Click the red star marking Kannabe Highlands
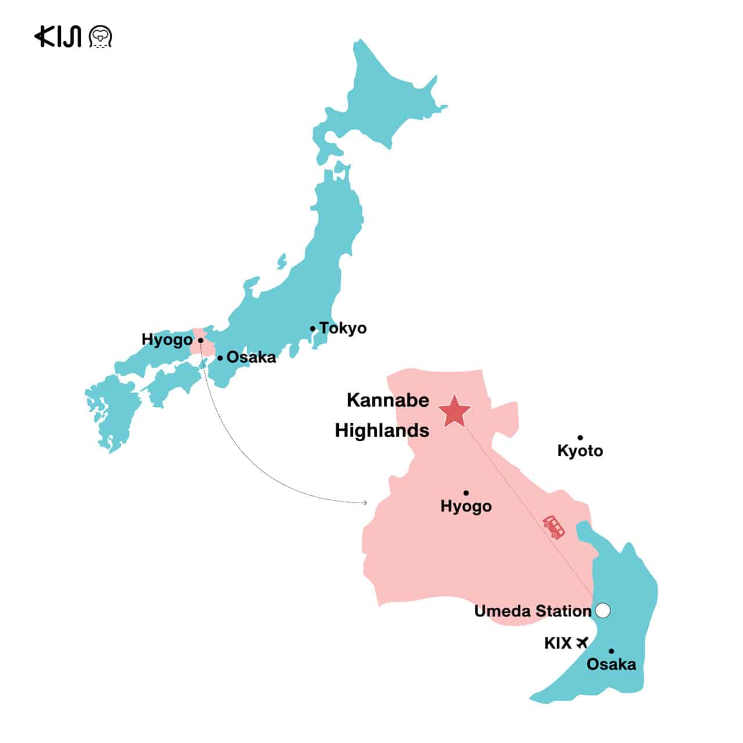point(455,412)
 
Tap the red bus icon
point(554,526)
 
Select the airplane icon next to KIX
point(582,643)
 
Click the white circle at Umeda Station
point(603,610)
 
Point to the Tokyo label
point(343,328)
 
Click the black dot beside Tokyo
point(313,329)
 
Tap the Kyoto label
point(580,450)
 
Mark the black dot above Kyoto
point(580,438)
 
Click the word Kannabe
point(388,400)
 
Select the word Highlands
point(382,430)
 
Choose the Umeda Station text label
point(532,611)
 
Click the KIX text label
point(558,643)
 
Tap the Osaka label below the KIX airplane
point(611,664)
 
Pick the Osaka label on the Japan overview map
point(251,357)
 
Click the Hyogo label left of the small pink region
point(167,340)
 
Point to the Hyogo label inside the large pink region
point(466,506)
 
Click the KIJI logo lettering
point(57,37)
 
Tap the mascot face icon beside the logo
point(100,37)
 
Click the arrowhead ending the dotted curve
point(365,502)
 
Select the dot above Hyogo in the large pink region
point(466,493)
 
